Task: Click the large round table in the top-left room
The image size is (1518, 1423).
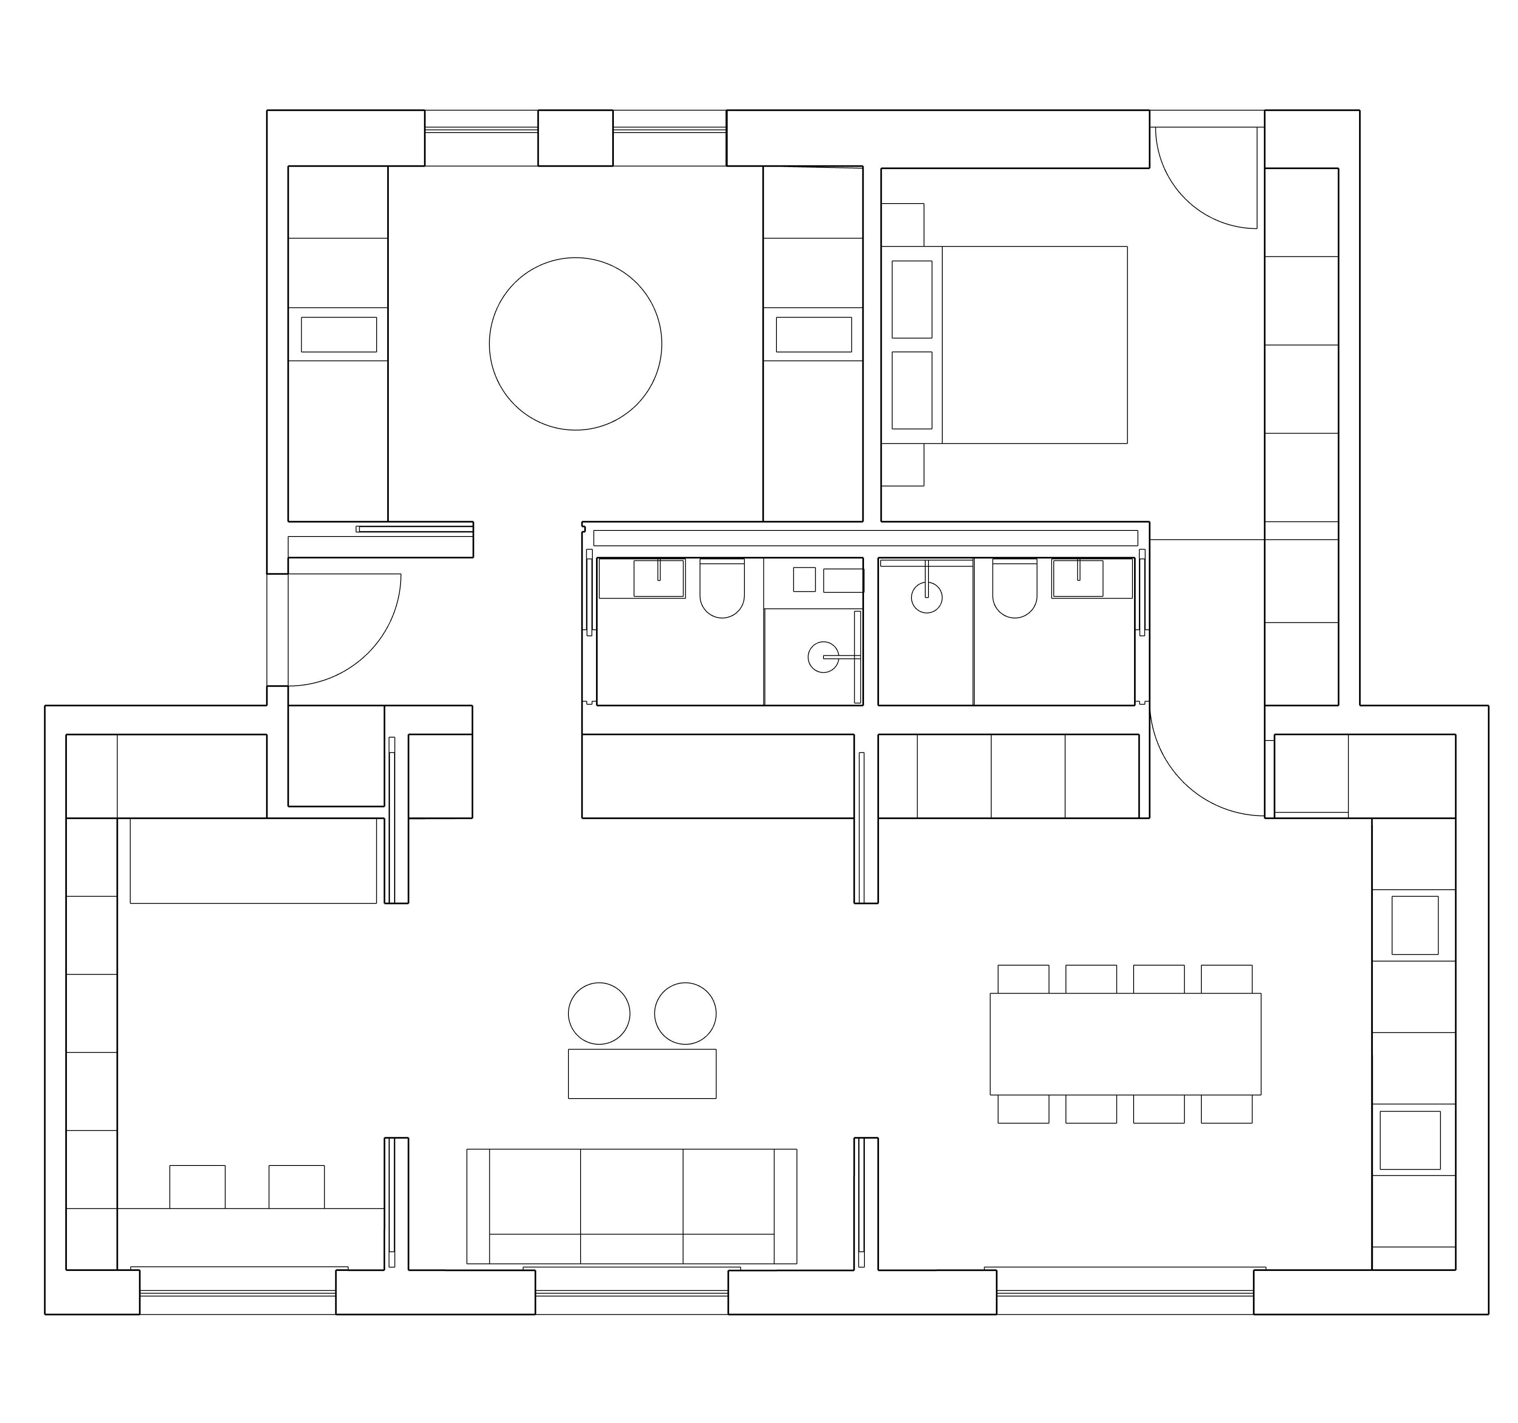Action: coord(575,344)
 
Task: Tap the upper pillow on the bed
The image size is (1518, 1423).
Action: coord(912,299)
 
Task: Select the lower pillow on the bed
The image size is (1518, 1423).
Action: coord(912,390)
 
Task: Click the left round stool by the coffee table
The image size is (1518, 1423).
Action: coord(599,1013)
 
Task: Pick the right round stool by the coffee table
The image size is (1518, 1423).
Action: coord(685,1013)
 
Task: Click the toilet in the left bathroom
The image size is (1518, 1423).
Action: coord(722,588)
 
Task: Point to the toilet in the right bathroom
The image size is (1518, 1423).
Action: coord(1014,588)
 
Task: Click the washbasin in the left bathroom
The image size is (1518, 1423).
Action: coord(658,578)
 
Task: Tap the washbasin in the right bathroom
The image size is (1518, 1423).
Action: coord(1077,578)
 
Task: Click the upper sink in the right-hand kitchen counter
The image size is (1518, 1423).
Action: coord(1414,925)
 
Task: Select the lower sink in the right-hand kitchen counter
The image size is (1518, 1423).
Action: coord(1410,1140)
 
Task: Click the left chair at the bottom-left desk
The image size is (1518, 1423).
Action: coord(197,1186)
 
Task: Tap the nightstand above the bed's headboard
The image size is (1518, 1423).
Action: coord(903,225)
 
